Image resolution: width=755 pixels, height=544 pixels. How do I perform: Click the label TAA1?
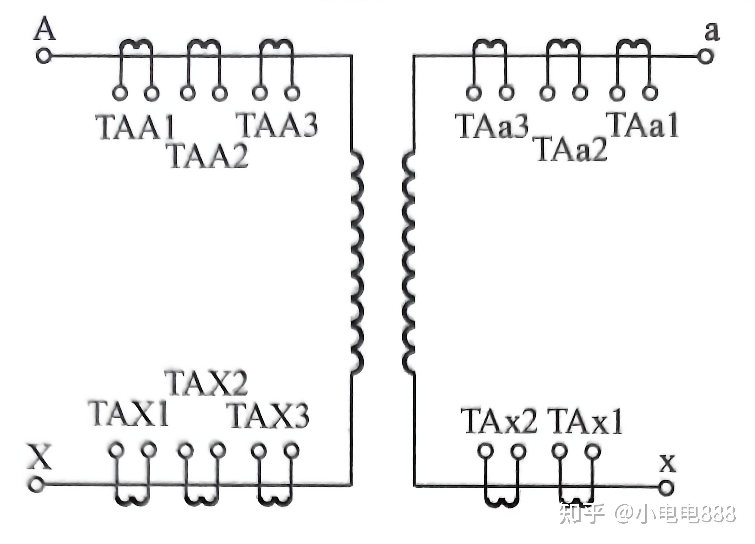pyautogui.click(x=135, y=127)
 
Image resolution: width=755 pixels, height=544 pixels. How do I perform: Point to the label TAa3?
pyautogui.click(x=491, y=126)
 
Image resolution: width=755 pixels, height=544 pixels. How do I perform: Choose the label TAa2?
pyautogui.click(x=572, y=149)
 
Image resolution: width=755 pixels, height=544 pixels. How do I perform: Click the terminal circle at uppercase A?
pyautogui.click(x=44, y=56)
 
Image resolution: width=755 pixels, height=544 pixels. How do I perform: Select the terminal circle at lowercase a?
pyautogui.click(x=704, y=56)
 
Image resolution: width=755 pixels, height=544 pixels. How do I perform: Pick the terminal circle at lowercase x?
pyautogui.click(x=666, y=487)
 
